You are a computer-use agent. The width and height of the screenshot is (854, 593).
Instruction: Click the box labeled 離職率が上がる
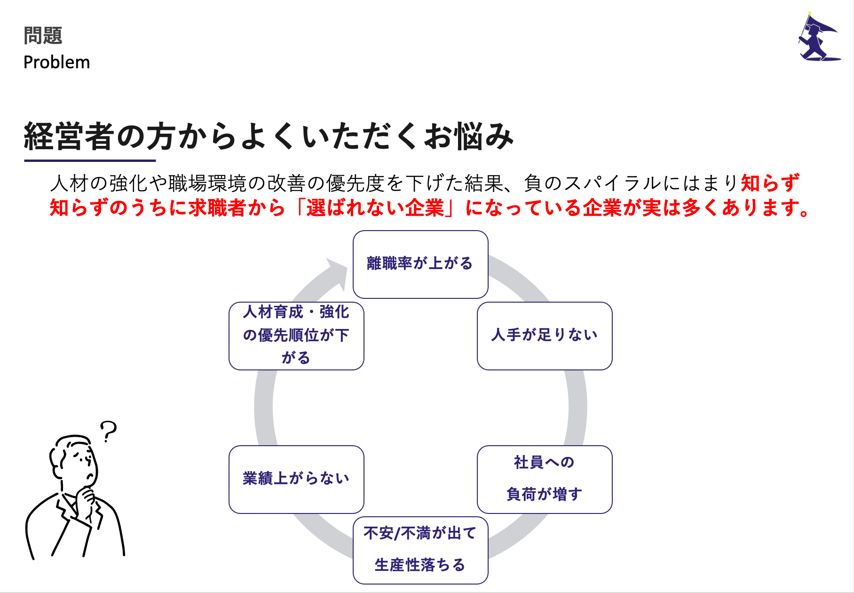click(x=420, y=264)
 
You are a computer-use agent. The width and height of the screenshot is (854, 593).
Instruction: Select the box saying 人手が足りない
click(x=544, y=336)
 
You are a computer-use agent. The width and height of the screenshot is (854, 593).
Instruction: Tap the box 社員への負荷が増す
click(x=544, y=479)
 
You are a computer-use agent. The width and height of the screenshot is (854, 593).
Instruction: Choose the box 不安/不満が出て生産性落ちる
click(x=420, y=550)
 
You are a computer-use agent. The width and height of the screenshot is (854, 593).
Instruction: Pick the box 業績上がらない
click(x=296, y=479)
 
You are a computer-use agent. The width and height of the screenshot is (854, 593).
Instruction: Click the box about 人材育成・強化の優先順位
click(x=296, y=336)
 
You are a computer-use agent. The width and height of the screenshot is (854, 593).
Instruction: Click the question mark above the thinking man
click(x=109, y=431)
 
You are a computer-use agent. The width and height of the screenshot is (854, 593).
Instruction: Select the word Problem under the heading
click(x=56, y=63)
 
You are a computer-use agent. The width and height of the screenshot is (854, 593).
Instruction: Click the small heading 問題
click(x=43, y=36)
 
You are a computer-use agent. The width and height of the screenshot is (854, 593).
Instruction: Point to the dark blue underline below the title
click(x=90, y=160)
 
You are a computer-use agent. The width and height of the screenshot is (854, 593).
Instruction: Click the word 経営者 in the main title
click(x=69, y=136)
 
